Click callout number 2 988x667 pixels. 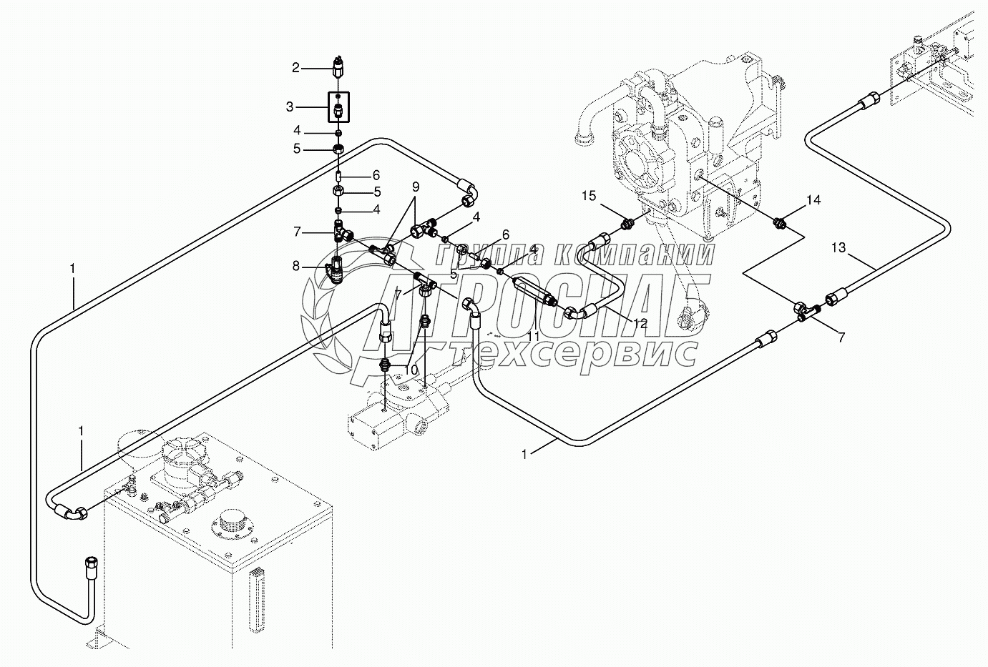295,67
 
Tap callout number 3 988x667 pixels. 289,107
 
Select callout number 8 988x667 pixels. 295,266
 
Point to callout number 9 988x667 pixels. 416,187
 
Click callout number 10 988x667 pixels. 411,370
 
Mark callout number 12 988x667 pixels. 640,324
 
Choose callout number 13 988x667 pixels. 838,248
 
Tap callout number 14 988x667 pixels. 813,200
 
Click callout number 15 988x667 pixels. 589,196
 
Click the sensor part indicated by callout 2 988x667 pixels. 338,67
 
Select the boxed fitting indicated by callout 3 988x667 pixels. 338,107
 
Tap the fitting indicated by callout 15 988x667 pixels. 627,224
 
